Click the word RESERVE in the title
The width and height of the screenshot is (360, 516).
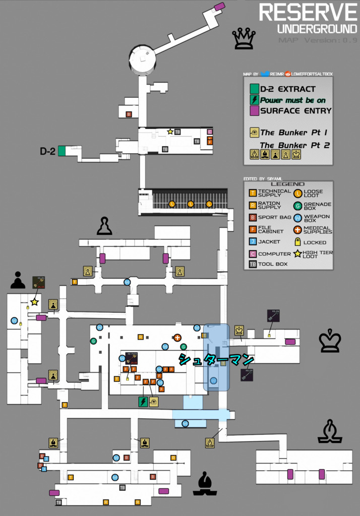(308, 12)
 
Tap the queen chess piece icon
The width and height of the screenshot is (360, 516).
(244, 39)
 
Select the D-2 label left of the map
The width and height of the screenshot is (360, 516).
(47, 151)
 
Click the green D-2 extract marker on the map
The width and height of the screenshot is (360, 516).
(62, 151)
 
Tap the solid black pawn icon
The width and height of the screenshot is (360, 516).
(18, 280)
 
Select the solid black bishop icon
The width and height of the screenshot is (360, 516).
(205, 484)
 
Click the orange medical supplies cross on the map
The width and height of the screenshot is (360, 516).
(177, 338)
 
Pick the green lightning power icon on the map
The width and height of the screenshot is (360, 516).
(143, 402)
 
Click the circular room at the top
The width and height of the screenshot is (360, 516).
(142, 59)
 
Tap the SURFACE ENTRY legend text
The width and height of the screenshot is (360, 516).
(295, 111)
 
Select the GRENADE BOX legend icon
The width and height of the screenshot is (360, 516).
(298, 205)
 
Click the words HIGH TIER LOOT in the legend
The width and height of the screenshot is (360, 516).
(318, 254)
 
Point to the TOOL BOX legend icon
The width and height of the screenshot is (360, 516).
(253, 264)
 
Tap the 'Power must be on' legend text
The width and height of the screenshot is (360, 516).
(292, 100)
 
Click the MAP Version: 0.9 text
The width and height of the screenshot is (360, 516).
(318, 40)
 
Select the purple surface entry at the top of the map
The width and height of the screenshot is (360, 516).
(219, 6)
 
